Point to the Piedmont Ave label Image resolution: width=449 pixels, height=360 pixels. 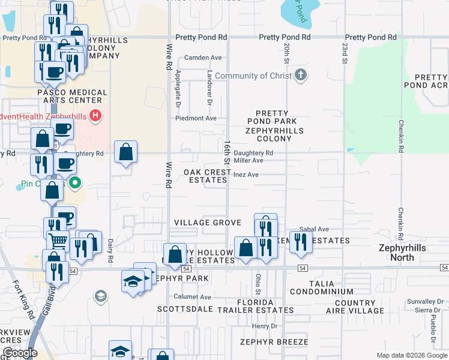(196, 118)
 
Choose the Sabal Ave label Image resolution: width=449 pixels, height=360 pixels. (314, 229)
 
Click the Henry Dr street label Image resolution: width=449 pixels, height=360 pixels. (264, 326)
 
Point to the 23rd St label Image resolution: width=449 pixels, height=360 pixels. (345, 53)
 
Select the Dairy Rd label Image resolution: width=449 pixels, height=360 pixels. (110, 251)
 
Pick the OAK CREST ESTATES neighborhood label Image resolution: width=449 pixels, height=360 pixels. (207, 176)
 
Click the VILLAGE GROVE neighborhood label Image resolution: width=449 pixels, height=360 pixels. (207, 223)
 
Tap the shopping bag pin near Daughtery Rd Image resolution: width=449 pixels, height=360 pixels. (125, 153)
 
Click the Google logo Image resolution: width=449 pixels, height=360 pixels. (20, 353)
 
